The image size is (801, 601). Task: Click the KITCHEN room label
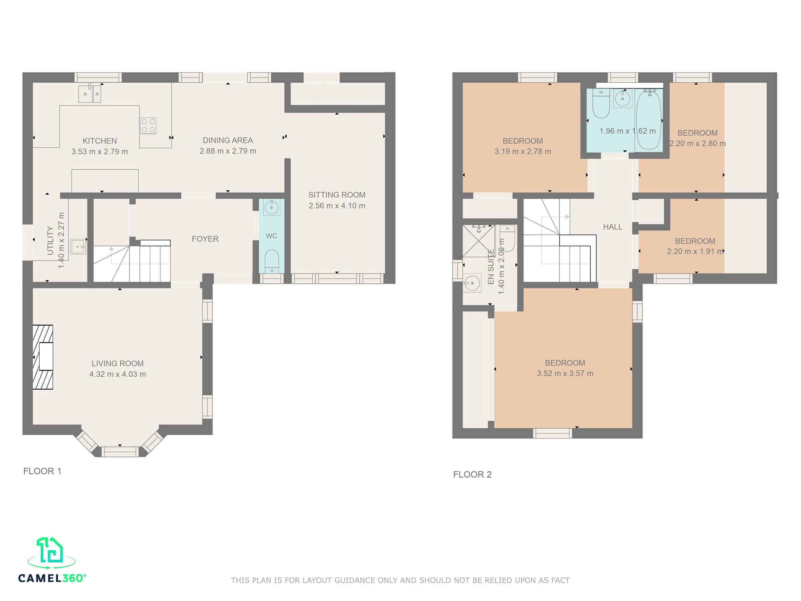click(99, 141)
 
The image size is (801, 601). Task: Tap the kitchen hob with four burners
click(149, 126)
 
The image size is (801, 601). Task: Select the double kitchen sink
click(89, 94)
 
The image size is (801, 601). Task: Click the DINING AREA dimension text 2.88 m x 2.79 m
click(228, 151)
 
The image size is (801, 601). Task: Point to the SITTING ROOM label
click(337, 195)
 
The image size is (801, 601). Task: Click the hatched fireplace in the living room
click(43, 357)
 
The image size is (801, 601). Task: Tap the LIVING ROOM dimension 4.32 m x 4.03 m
click(118, 374)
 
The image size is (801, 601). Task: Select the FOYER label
click(205, 239)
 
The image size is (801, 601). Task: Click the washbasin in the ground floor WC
click(271, 208)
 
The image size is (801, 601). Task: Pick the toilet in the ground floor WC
click(272, 260)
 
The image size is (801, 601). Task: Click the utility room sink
click(78, 247)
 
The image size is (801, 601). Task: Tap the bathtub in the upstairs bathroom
click(649, 120)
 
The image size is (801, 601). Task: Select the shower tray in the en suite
click(478, 240)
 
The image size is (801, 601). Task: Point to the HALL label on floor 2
click(613, 227)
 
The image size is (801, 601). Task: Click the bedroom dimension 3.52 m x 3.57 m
click(565, 374)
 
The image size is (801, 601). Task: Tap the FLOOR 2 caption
click(472, 474)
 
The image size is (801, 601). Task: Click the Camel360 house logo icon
click(50, 551)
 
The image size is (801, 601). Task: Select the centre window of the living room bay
click(120, 451)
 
